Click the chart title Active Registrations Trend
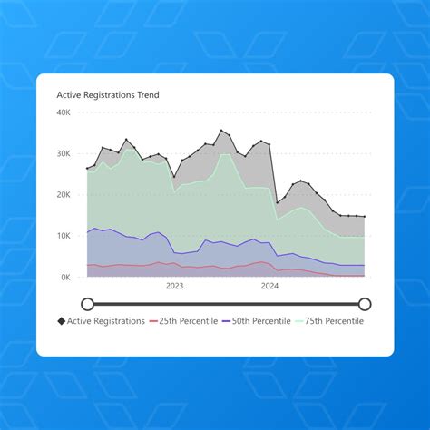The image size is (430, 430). [108, 94]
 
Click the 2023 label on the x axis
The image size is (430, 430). [174, 286]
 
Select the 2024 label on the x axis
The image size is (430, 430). [269, 286]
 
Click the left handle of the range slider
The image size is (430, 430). [87, 304]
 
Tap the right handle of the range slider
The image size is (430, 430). [365, 304]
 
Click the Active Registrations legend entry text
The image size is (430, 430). [106, 321]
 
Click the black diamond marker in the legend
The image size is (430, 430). [62, 321]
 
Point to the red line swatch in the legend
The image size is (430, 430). [153, 321]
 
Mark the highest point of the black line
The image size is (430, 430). [221, 131]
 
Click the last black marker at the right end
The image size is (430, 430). [365, 217]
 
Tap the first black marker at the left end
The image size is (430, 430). [87, 169]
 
